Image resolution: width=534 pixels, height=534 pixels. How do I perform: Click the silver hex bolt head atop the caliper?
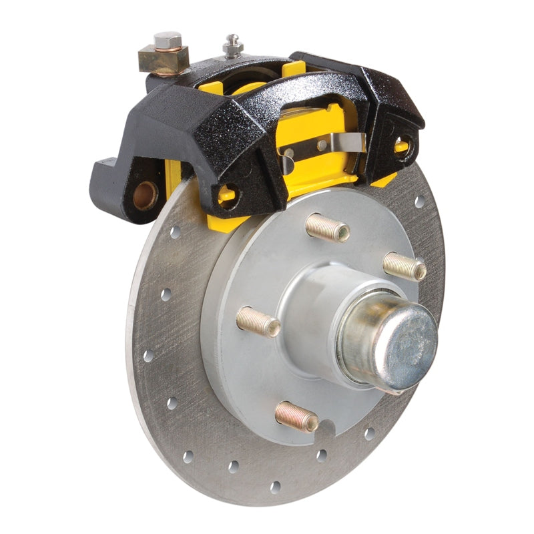coord(167,41)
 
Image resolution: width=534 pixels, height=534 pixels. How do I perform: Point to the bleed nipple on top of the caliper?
coord(232,45)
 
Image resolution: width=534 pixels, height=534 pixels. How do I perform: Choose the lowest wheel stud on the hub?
coord(297,417)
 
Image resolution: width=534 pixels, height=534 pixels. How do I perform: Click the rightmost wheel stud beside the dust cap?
coord(405,266)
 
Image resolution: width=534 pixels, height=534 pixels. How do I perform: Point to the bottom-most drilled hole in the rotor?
coord(275,487)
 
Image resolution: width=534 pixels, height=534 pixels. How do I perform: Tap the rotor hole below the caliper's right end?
coord(419,200)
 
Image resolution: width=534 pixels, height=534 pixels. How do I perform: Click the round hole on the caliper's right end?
coord(403,142)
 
